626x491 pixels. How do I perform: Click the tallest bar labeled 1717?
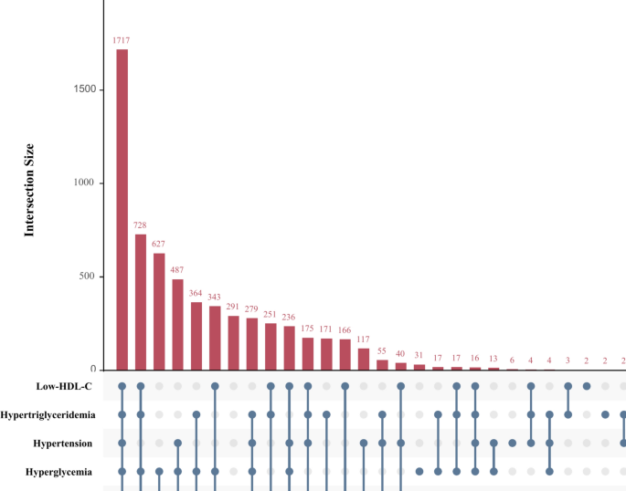(x=122, y=210)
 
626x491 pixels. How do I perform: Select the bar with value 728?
(x=141, y=302)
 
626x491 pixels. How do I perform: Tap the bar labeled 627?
(x=159, y=311)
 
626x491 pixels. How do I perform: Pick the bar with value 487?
(x=178, y=324)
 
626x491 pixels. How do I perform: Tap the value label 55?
(x=382, y=351)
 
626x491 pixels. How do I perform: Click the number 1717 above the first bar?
(x=122, y=41)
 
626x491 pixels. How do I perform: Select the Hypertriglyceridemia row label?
(x=52, y=414)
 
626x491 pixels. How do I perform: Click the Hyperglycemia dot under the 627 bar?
(x=159, y=472)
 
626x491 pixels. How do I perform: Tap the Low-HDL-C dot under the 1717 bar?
(x=122, y=386)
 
